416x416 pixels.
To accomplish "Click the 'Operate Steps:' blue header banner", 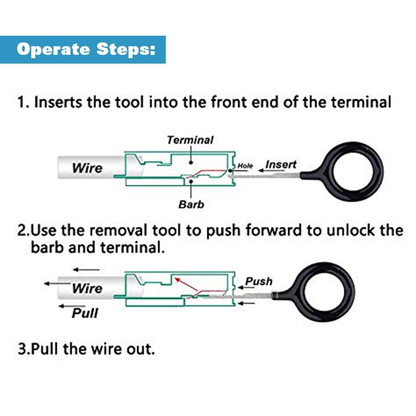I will tap(83, 49).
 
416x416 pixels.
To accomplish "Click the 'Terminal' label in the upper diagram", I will tap(190, 140).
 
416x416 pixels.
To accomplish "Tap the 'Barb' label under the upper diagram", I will tap(191, 204).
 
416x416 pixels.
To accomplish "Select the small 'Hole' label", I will tap(245, 166).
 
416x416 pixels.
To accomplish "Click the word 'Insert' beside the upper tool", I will tap(281, 165).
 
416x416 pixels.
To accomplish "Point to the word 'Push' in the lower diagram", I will tap(258, 281).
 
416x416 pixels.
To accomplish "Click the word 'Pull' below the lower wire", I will tap(85, 313).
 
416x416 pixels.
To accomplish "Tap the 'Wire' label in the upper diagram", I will tap(87, 168).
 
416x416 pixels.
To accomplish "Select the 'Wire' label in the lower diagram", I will tap(87, 288).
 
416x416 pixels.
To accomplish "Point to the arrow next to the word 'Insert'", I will tap(260, 170).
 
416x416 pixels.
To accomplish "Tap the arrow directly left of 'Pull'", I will tap(65, 306).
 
